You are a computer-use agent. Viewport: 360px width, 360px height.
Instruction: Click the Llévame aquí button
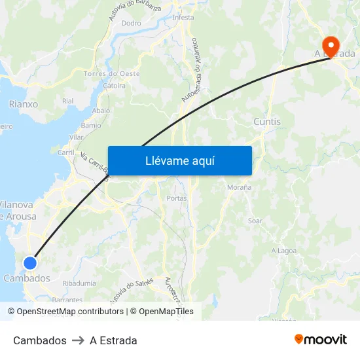point(179,160)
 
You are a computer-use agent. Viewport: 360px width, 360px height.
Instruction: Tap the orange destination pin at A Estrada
point(332,46)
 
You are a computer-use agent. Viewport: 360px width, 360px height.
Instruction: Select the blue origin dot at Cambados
point(30,263)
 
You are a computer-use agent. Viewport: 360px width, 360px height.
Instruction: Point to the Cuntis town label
point(266,122)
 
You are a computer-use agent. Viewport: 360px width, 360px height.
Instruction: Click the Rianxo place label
point(24,104)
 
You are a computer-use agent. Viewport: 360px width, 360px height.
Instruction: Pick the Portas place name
point(177,198)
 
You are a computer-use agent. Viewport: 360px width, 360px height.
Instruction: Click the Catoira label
point(115,86)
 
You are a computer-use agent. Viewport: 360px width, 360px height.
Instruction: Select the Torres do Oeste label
point(112,74)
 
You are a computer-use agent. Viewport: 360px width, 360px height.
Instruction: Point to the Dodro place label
point(131,23)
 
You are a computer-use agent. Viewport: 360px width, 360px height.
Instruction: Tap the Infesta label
point(183,18)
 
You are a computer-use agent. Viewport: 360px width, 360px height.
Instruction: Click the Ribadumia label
point(80,283)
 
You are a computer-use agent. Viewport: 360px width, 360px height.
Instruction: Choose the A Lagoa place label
point(283,251)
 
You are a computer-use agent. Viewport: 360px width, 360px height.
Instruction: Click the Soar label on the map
point(255,221)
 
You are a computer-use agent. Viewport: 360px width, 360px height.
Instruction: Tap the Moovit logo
point(320,340)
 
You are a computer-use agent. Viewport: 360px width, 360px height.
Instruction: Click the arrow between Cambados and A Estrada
point(78,340)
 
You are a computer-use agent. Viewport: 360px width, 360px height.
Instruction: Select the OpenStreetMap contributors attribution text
point(70,312)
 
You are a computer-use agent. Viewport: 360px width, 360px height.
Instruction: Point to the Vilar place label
point(77,137)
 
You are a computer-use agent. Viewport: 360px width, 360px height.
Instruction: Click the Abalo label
point(101,111)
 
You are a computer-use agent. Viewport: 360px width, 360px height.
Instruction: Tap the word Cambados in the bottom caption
point(39,340)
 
